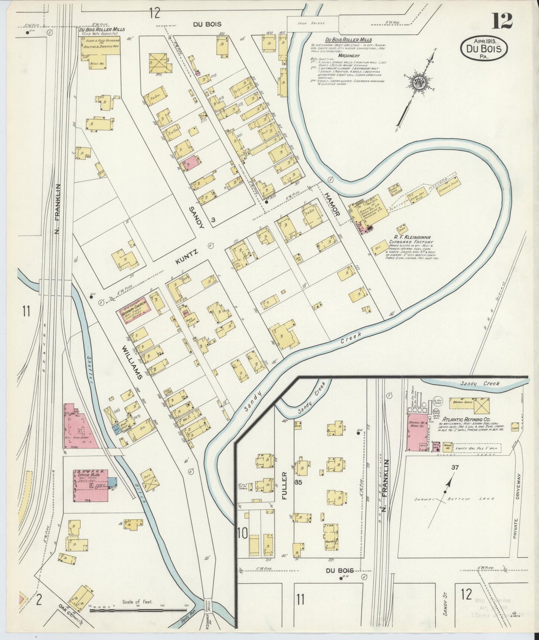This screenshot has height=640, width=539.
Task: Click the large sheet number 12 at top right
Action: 502,21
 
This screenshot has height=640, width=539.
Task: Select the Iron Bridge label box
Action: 317,23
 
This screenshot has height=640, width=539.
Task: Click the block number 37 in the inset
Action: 454,467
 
